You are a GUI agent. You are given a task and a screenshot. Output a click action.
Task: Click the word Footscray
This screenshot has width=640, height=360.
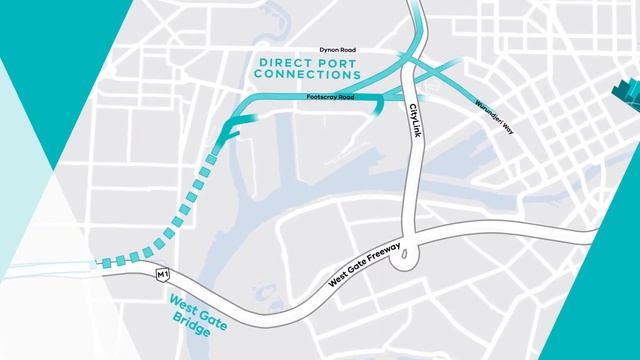[x=321, y=97]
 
